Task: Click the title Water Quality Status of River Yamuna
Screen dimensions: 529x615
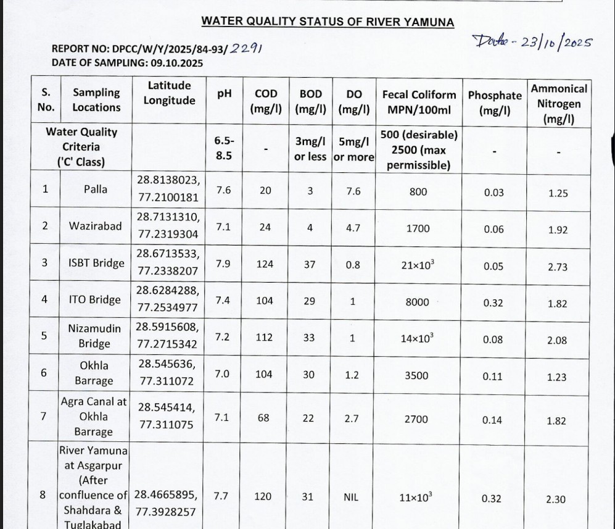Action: (x=328, y=22)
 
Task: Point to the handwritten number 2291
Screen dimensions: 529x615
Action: (x=247, y=48)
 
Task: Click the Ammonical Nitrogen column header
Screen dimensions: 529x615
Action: (x=559, y=103)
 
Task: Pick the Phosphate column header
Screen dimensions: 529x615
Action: (x=495, y=102)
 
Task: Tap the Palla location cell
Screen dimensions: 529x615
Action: (x=96, y=189)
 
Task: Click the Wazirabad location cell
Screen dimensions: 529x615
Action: (x=96, y=226)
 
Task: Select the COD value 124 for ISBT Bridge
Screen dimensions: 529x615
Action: (x=265, y=264)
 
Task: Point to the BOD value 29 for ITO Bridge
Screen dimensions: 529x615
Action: (x=310, y=300)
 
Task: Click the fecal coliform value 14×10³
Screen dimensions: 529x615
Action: (x=418, y=338)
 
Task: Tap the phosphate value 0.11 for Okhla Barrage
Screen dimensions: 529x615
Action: (x=493, y=376)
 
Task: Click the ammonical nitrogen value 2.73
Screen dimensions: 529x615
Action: (x=557, y=267)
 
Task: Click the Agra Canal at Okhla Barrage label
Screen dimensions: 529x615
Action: (x=94, y=417)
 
